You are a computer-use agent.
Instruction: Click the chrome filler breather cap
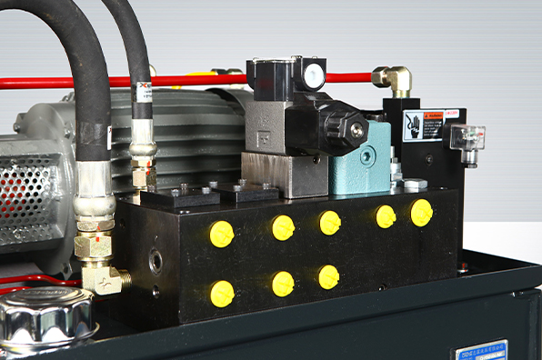[x=46, y=317]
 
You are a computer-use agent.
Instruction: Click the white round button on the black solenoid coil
[x=314, y=76]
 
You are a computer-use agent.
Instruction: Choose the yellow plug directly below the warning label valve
[x=421, y=213]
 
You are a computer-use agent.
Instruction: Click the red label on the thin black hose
[x=144, y=95]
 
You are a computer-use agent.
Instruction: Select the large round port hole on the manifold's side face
[x=156, y=262]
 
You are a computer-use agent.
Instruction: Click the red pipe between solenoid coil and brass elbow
[x=349, y=78]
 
